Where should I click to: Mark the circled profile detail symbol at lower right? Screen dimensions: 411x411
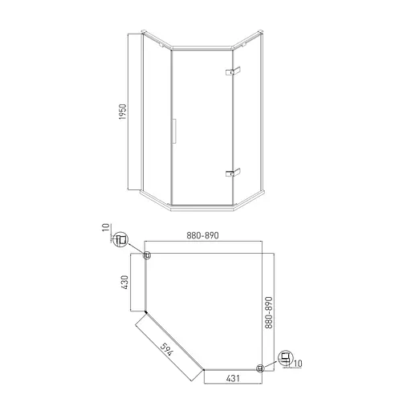coord(284,358)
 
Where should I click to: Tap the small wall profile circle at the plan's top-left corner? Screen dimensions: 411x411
coord(146,256)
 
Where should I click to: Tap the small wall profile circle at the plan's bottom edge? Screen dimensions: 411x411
coord(260,368)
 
